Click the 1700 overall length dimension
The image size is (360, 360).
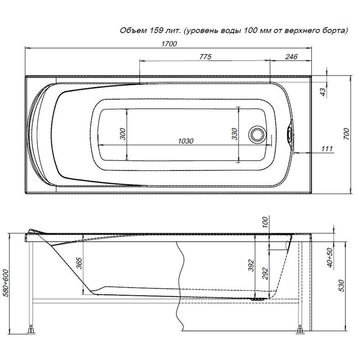pyautogui.click(x=169, y=44)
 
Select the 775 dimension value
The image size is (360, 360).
pyautogui.click(x=205, y=57)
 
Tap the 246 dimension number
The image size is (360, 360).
pyautogui.click(x=291, y=57)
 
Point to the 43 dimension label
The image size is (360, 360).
pyautogui.click(x=323, y=92)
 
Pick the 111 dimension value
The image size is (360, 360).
pyautogui.click(x=327, y=149)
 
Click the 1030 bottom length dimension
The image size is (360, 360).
pyautogui.click(x=186, y=141)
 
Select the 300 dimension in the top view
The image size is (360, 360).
pyautogui.click(x=123, y=134)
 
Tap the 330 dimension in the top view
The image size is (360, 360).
pyautogui.click(x=235, y=134)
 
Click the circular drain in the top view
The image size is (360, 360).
pyautogui.click(x=257, y=135)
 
